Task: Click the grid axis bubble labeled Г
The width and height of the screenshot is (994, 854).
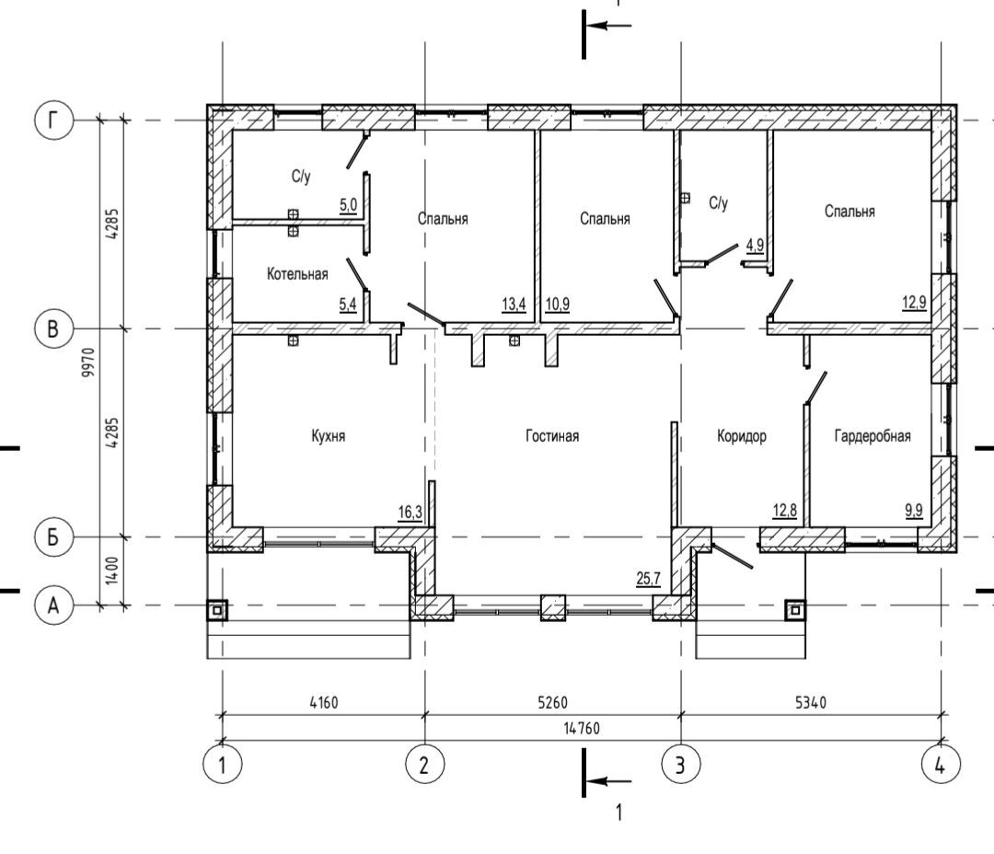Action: point(54,120)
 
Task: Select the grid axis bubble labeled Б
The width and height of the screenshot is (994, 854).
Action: point(54,537)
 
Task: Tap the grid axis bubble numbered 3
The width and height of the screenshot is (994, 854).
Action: point(681,765)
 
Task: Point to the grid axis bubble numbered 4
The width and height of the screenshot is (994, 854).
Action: point(940,765)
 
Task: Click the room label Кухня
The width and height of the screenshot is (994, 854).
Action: point(329,436)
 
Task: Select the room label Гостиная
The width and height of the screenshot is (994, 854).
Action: point(552,436)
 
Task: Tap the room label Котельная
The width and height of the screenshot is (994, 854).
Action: point(297,274)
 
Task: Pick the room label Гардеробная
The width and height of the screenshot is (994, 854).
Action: point(873,436)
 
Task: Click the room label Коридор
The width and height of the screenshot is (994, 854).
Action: point(742,436)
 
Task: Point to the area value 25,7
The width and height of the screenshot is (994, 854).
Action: point(649,578)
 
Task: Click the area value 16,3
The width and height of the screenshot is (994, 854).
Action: point(410,512)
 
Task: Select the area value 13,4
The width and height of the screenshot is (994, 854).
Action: point(514,305)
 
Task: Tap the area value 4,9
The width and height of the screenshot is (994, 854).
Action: point(755,245)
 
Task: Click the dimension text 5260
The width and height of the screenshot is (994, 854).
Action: point(553,702)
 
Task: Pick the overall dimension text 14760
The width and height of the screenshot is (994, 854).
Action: point(582,729)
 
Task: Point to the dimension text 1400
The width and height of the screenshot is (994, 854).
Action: point(111,571)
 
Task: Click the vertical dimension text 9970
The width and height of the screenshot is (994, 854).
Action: point(88,363)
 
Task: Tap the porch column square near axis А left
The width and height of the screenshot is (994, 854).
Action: point(217,610)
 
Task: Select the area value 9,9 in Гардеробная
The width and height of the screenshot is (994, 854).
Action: point(914,511)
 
